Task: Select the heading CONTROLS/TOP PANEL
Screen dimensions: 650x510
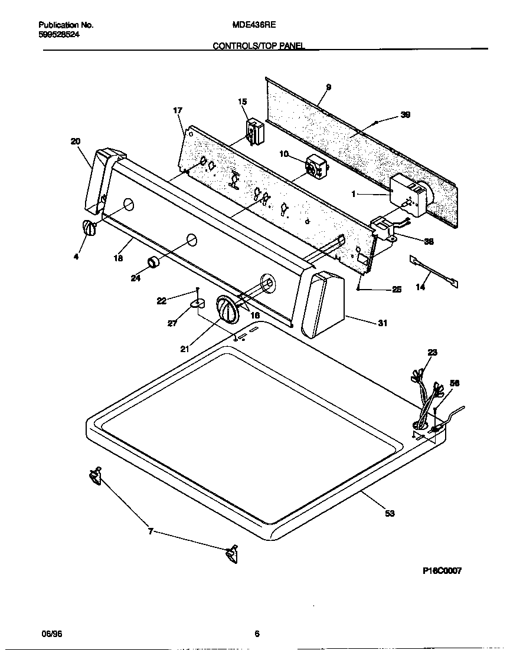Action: (259, 45)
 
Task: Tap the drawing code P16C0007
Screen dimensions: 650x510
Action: (442, 570)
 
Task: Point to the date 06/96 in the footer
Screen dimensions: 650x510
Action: (51, 633)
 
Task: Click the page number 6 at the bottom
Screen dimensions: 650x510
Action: (257, 633)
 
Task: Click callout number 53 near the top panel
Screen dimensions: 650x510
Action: (389, 514)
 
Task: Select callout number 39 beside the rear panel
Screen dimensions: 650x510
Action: (405, 115)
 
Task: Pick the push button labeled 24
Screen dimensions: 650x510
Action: (153, 262)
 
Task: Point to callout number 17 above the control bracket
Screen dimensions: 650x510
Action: (178, 110)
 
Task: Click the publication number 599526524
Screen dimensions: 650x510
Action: (59, 34)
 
